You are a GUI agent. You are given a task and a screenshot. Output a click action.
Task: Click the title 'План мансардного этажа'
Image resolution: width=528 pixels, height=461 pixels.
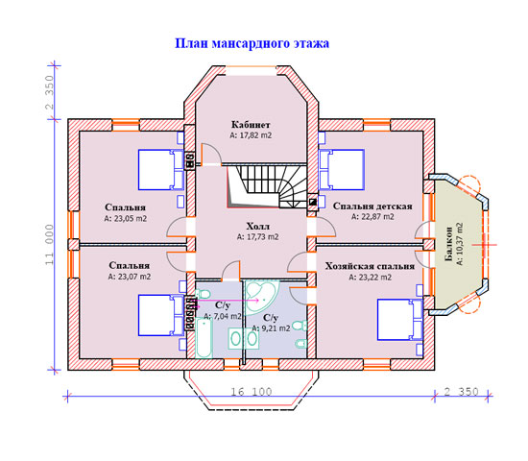coord(252,44)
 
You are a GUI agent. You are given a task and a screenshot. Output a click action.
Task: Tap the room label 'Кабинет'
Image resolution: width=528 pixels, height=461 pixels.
coord(251,125)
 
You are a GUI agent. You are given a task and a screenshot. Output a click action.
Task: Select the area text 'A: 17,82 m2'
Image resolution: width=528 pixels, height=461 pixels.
coord(251,135)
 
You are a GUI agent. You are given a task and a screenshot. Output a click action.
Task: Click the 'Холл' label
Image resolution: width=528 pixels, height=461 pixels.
coord(257,226)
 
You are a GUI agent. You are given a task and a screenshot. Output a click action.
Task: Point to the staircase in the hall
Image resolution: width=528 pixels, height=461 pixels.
coord(267,186)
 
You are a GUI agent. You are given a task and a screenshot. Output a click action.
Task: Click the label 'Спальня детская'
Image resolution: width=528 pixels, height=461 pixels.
coord(372,206)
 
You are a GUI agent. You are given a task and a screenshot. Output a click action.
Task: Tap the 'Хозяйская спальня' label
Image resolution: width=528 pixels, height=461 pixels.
coord(370,266)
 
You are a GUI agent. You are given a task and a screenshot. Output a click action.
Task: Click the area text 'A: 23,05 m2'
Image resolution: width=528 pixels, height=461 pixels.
coord(125,219)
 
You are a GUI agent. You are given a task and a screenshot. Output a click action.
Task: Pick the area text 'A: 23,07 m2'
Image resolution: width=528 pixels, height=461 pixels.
coord(130,277)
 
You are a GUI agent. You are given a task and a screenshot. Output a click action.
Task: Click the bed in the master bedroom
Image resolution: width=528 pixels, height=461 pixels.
coord(399,319)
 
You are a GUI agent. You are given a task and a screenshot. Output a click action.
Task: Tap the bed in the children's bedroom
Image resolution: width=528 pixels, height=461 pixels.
coord(342,169)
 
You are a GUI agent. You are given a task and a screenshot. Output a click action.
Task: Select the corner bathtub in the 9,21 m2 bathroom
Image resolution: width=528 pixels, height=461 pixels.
coord(261,297)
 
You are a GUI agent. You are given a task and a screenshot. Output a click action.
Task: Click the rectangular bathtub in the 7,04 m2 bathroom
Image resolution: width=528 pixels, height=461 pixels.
coord(204,338)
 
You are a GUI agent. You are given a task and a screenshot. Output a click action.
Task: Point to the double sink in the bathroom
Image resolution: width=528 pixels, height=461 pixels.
coord(244,338)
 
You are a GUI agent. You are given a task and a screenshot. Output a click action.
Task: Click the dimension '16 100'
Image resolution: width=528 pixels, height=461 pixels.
coord(252,392)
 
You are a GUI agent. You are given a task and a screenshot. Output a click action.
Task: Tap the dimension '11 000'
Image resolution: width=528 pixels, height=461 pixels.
coord(50,245)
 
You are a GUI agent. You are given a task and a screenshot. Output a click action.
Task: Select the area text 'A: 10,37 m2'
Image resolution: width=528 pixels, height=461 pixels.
coord(460,244)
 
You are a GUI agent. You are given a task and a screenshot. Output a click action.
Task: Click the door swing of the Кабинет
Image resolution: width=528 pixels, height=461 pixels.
coord(211,155)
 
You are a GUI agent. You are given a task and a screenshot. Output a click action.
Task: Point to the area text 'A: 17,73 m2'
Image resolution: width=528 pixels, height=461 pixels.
coord(257,237)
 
